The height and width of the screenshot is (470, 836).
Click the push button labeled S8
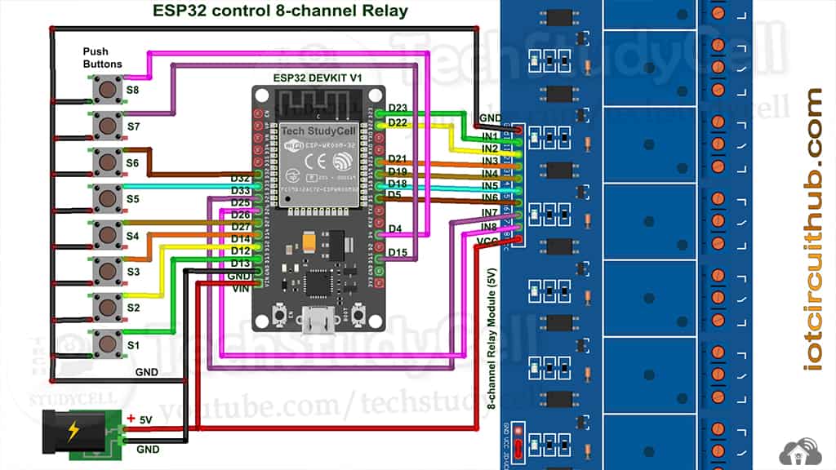pos(106,89)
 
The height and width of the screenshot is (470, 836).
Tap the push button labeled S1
pos(106,344)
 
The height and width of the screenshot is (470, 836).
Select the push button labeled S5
pos(106,197)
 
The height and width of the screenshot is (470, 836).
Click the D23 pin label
pos(398,108)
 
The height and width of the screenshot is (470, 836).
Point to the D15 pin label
pos(398,252)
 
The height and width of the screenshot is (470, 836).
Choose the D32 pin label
pos(240,178)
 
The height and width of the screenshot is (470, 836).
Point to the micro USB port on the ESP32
pos(318,321)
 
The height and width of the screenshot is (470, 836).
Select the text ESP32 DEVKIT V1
pos(318,77)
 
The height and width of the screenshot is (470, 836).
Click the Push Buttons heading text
pos(102,57)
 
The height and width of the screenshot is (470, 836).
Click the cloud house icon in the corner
pos(801,451)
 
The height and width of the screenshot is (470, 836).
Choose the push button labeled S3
pos(106,270)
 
